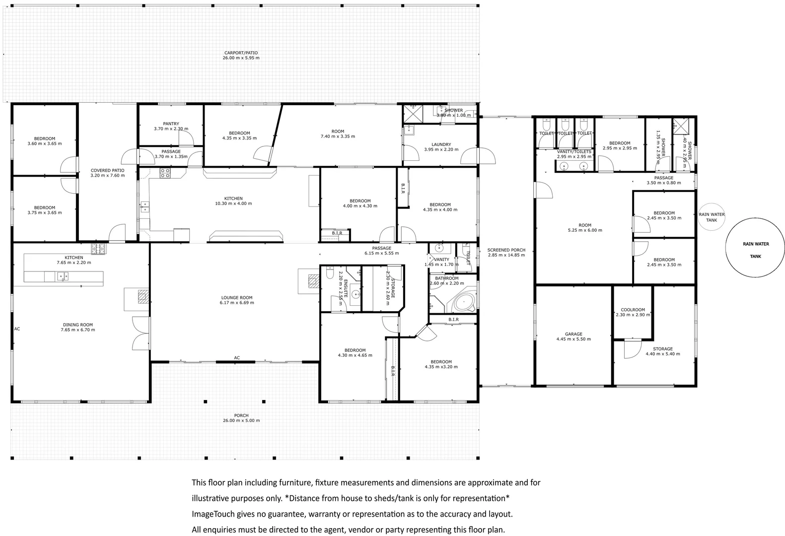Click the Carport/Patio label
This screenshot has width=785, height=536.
click(241, 53)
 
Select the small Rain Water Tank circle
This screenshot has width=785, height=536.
click(712, 217)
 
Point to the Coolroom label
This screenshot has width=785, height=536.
click(633, 310)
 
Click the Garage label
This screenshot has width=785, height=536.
click(573, 334)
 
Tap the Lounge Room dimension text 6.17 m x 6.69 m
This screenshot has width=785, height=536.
click(237, 303)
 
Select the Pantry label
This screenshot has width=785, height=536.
click(171, 124)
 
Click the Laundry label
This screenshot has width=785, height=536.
click(441, 144)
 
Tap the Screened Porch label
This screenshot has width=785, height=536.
click(506, 250)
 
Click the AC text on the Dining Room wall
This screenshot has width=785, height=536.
click(17, 329)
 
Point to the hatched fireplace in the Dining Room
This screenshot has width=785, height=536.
click(143, 296)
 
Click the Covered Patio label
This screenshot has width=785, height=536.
click(107, 170)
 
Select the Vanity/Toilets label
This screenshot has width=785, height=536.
click(574, 151)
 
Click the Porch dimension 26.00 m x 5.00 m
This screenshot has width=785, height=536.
click(241, 420)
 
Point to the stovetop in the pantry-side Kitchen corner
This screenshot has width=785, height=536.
click(165, 173)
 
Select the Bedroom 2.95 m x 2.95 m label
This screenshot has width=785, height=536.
click(620, 143)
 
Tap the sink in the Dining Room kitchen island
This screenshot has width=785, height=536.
click(62, 276)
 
